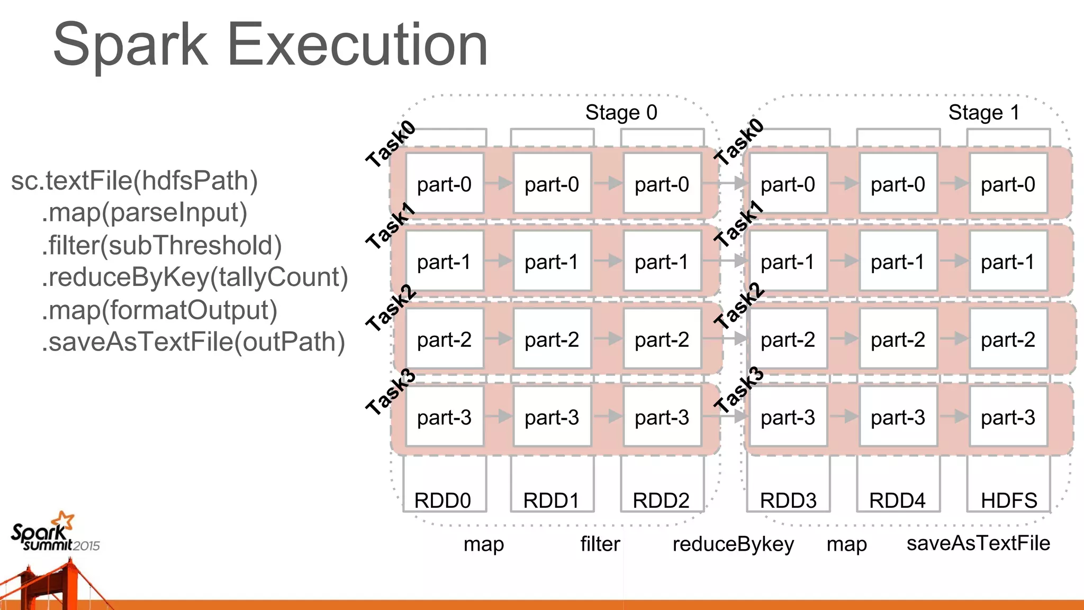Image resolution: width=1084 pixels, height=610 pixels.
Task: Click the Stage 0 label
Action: [x=621, y=113]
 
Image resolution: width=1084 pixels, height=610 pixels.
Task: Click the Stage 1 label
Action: [x=983, y=113]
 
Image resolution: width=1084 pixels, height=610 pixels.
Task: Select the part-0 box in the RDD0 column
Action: [x=444, y=184]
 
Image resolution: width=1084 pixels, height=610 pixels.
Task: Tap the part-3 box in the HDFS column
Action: [x=1008, y=417]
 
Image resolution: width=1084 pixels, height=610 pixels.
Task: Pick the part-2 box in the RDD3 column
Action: [x=788, y=339]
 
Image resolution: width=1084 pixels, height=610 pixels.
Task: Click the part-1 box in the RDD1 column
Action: [x=552, y=262]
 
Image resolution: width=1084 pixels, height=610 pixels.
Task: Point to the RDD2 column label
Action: [x=661, y=500]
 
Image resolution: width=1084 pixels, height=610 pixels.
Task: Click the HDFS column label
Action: [x=1008, y=500]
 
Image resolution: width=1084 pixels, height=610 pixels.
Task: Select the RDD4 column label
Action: [x=897, y=500]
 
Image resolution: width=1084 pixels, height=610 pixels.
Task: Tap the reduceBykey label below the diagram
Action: [x=733, y=544]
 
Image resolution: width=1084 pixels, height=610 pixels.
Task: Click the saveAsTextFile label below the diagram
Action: [x=978, y=543]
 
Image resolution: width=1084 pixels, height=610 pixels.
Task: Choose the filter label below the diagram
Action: [x=600, y=544]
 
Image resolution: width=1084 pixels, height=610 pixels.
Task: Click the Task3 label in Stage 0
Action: [x=391, y=392]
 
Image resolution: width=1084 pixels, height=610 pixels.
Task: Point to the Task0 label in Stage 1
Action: [x=739, y=141]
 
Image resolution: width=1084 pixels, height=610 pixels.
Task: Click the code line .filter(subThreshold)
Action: [x=161, y=245]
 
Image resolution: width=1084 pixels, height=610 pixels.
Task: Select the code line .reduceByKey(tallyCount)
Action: [x=195, y=277]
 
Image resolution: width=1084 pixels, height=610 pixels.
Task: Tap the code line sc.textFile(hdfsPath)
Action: [x=134, y=181]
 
